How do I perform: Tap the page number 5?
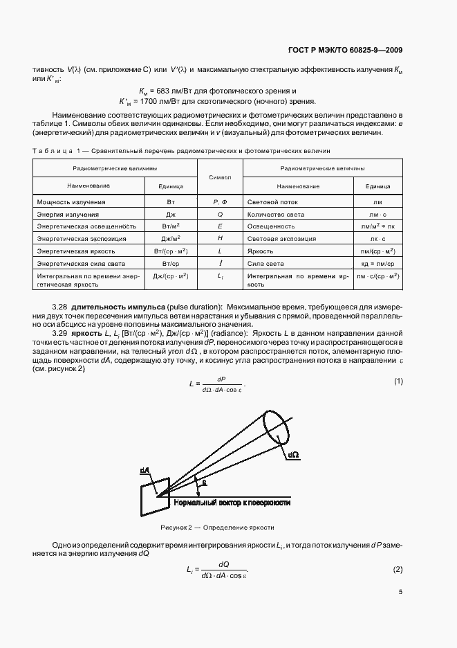tap(400, 592)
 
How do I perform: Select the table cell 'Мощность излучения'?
tap(71, 201)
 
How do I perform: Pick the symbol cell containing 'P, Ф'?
tap(220, 201)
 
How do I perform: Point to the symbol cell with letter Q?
tap(220, 214)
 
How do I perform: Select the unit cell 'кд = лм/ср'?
tap(377, 264)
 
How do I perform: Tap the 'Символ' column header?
tap(220, 177)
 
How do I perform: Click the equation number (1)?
tap(398, 381)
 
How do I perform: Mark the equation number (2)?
tap(398, 569)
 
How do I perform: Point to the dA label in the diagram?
tap(144, 471)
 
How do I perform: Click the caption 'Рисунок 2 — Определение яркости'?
tap(217, 527)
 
